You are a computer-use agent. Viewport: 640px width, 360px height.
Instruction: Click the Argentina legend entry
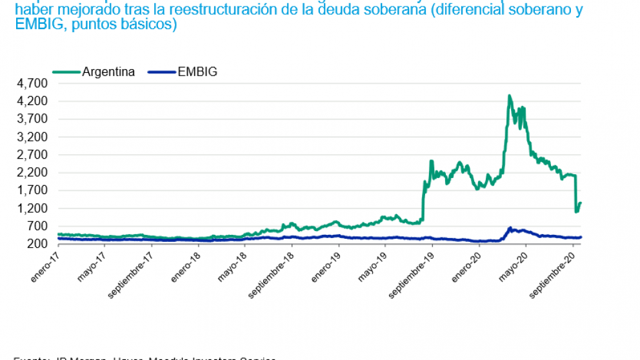[x=108, y=72]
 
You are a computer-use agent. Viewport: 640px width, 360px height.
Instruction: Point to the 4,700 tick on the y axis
[x=34, y=83]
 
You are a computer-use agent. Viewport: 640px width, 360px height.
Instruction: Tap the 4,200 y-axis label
[x=34, y=101]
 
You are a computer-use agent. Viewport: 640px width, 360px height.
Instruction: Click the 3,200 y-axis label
[x=34, y=137]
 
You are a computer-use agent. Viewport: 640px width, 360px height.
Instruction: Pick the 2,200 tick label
[x=34, y=173]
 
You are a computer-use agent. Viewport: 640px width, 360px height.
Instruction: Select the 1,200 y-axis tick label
[x=34, y=208]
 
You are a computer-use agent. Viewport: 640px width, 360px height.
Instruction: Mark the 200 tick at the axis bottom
[x=39, y=244]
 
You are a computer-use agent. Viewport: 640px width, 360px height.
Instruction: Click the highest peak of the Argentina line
[x=509, y=95]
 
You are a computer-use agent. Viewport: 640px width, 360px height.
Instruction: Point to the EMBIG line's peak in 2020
[x=510, y=228]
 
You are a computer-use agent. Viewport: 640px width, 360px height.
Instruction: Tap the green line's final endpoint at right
[x=581, y=203]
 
